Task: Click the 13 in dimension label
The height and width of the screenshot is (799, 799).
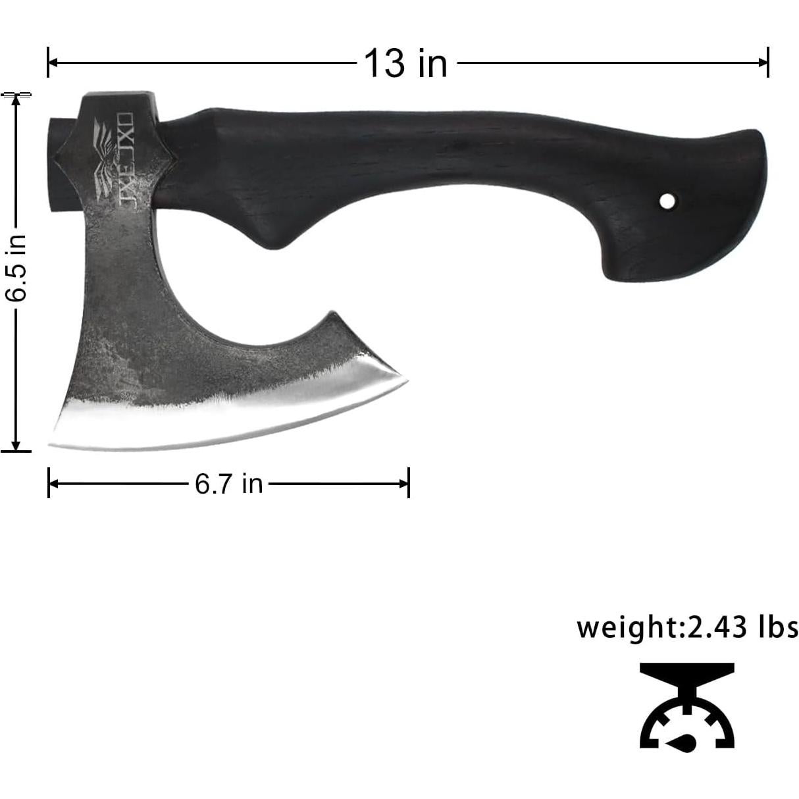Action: pyautogui.click(x=405, y=64)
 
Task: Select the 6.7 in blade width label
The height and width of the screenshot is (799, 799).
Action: pyautogui.click(x=228, y=484)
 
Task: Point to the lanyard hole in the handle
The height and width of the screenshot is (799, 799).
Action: pyautogui.click(x=667, y=200)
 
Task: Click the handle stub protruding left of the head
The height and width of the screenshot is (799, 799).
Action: pyautogui.click(x=57, y=165)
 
